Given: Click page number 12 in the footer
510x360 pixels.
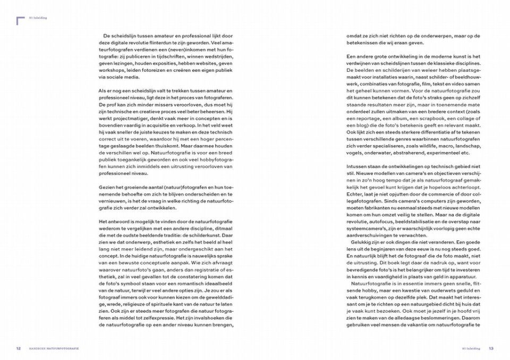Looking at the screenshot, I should pyautogui.click(x=19, y=349).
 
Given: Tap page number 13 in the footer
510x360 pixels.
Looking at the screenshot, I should pyautogui.click(x=491, y=349).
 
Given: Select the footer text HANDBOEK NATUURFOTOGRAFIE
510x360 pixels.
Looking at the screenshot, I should pyautogui.click(x=54, y=349).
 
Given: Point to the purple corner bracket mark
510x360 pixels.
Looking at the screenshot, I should pyautogui.click(x=20, y=21).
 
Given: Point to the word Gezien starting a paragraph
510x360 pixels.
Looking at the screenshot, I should pyautogui.click(x=107, y=187).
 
